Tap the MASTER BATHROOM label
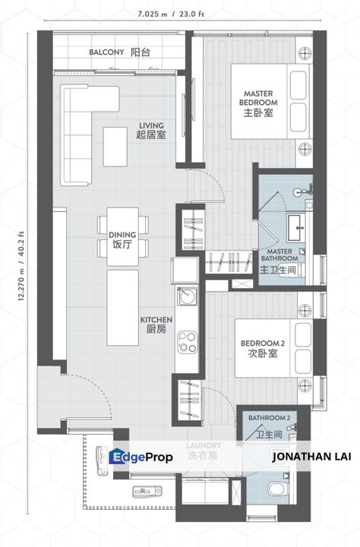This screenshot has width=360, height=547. (280, 259)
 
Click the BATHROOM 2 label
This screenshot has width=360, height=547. (268, 418)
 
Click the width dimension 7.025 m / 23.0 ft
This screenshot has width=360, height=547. (179, 14)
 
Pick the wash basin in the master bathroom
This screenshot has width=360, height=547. (296, 225)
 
